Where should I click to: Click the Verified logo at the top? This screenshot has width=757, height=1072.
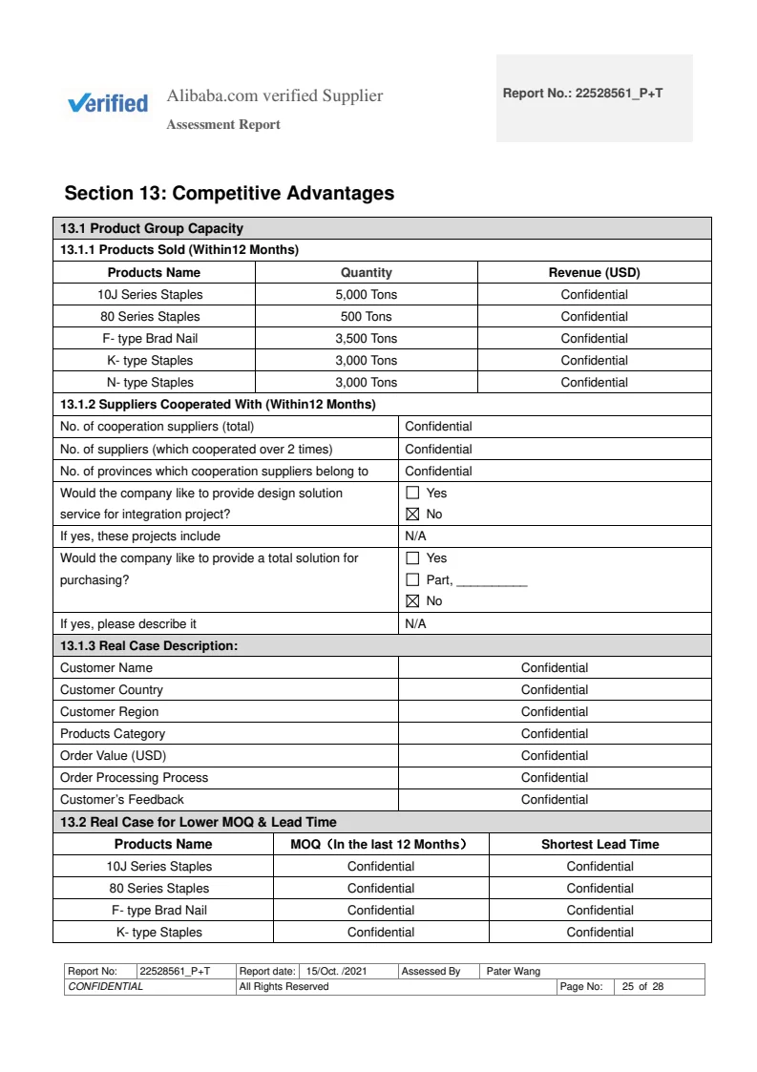[108, 103]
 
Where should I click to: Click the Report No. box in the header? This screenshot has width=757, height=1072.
[594, 97]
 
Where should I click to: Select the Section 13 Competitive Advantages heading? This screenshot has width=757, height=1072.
[229, 194]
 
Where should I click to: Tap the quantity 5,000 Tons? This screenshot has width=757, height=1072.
[366, 295]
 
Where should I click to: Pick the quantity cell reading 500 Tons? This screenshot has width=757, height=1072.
[366, 317]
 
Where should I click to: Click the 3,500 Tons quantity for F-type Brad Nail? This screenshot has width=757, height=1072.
[366, 339]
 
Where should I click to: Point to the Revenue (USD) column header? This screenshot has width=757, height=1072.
[594, 273]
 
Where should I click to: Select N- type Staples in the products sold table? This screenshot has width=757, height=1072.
[150, 383]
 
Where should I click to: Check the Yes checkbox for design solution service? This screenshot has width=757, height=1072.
[413, 494]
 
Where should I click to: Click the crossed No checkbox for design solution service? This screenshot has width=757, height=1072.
[413, 515]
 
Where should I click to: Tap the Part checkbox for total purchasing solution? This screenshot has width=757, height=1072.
[413, 579]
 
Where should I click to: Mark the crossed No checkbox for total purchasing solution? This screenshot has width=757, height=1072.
[413, 601]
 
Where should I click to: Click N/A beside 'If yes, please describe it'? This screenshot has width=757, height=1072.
[415, 624]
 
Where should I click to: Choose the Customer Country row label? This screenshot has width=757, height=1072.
[112, 690]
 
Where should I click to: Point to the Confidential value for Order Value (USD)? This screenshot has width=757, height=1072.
[554, 756]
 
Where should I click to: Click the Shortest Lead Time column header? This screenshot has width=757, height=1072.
[599, 845]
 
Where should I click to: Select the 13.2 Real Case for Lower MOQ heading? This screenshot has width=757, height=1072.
[199, 822]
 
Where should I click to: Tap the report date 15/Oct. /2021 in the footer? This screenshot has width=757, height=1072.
[336, 972]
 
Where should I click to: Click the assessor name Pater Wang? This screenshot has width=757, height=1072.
[514, 972]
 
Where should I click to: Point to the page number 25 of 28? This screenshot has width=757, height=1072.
[642, 987]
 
